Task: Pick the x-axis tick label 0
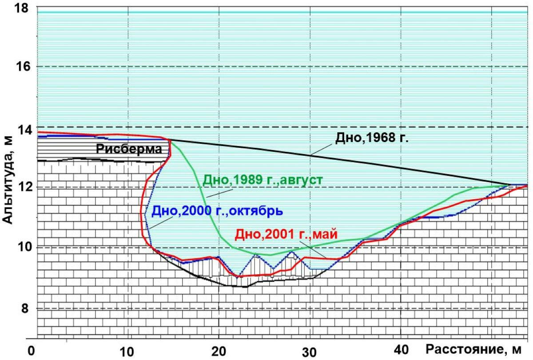click(31, 350)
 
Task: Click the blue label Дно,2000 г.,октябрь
click(218, 210)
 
